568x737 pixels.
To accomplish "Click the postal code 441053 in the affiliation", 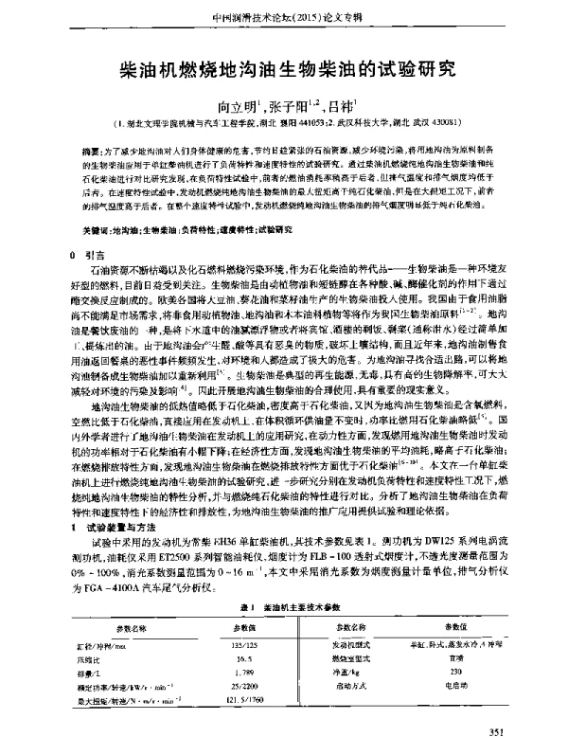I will coord(310,123).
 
